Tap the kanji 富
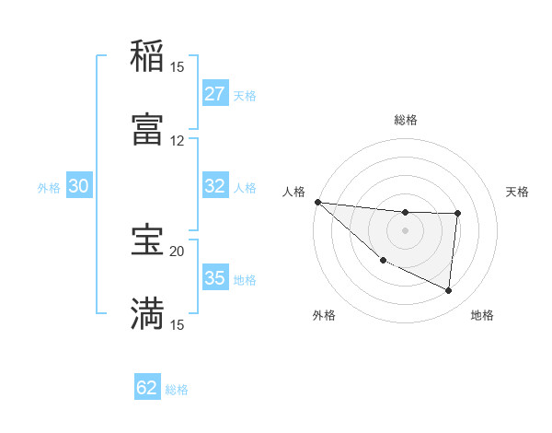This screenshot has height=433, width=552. coord(147,128)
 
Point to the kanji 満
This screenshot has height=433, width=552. coord(147,313)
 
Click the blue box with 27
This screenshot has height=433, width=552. coord(215,94)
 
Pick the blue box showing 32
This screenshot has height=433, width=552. coord(215,186)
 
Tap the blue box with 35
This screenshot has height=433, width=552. coord(215,278)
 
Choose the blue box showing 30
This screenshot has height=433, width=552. coord(79,186)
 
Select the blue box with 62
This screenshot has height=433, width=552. coord(147,388)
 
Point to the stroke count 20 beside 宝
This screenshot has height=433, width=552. coord(178,251)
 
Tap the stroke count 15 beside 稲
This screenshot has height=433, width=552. coord(178,66)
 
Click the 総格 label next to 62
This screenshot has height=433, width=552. coord(178,390)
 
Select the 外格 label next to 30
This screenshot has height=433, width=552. coord(49,187)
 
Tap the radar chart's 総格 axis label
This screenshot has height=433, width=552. coord(405,120)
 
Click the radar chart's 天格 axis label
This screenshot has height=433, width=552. coord(518,192)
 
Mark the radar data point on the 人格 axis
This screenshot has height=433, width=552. coord(317,202)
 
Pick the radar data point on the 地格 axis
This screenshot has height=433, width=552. coord(449,291)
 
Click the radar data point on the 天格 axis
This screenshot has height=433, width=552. coord(457,214)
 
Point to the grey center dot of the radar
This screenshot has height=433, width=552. coord(405,230)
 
